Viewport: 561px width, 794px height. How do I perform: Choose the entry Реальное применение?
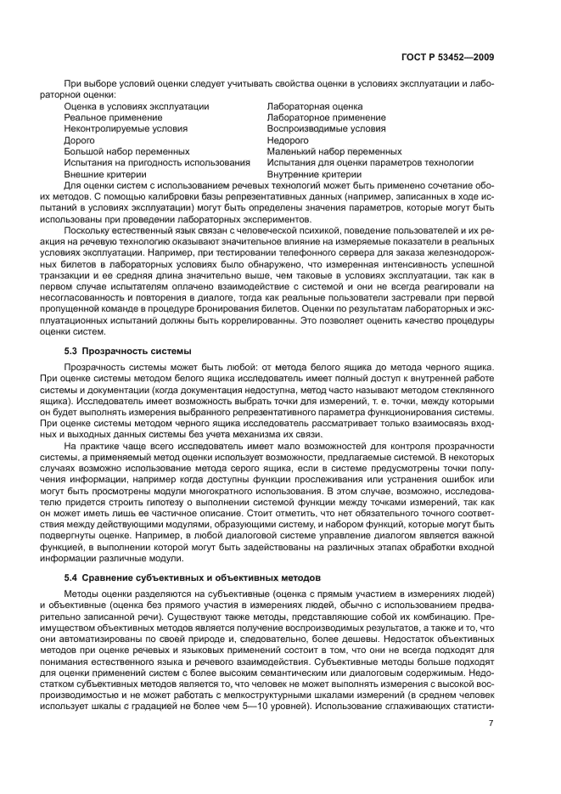point(113,117)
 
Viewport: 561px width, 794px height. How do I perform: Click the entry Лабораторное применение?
point(326,117)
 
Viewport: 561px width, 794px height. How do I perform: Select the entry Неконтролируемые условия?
point(126,128)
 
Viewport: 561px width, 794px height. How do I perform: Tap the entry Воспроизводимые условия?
point(326,128)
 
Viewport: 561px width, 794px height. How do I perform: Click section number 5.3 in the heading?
point(71,350)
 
